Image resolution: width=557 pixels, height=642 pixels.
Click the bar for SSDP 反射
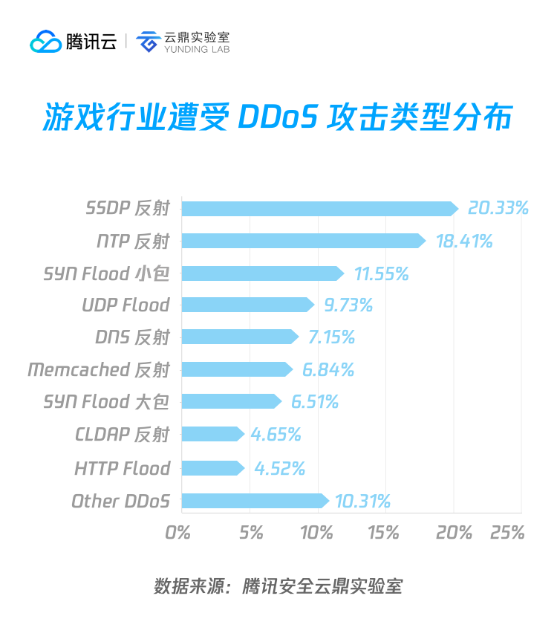[x=319, y=209]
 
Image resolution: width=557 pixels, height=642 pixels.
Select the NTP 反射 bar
[x=303, y=241]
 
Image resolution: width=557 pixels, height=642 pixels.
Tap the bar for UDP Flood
[x=247, y=305]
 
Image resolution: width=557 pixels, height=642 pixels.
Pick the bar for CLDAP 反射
[x=212, y=434]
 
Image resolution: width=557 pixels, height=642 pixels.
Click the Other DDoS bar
[x=255, y=501]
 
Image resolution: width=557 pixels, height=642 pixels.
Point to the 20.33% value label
[x=498, y=208]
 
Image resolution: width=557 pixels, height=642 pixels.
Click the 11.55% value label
[x=381, y=273]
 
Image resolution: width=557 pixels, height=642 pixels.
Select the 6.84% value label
[x=328, y=369]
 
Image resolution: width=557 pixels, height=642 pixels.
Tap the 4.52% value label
[x=279, y=468]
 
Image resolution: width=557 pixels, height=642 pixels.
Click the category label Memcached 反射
[x=99, y=369]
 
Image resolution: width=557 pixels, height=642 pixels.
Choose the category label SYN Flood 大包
[x=106, y=402]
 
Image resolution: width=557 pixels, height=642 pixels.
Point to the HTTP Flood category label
[x=122, y=468]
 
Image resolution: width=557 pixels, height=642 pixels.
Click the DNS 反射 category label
[x=132, y=337]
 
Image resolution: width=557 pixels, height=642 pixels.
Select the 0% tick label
[x=178, y=533]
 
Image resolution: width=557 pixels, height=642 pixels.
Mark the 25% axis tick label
[x=508, y=533]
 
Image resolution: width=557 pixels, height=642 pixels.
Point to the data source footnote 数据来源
[x=189, y=586]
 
